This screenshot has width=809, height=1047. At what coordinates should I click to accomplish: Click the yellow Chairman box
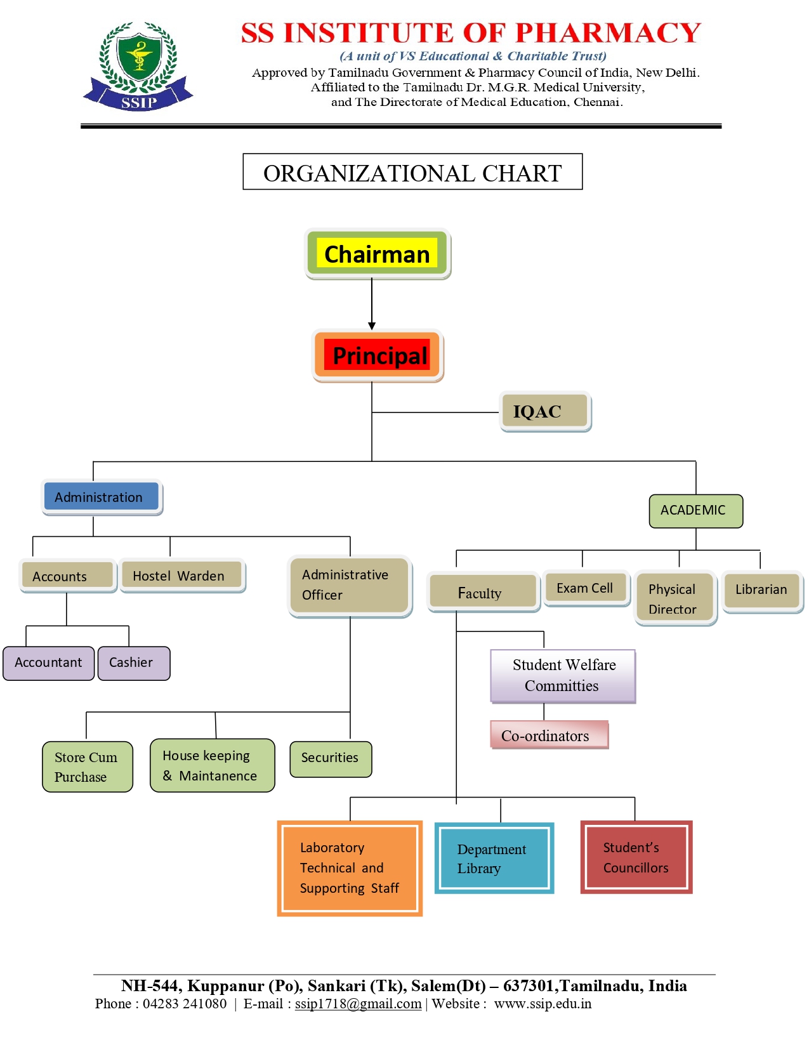coord(378,254)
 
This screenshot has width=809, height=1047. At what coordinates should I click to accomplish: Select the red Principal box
coord(379,355)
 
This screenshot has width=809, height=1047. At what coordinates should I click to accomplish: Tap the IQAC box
coord(545,412)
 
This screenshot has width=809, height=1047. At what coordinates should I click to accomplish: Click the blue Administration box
coord(102,497)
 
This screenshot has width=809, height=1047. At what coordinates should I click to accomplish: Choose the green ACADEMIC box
coord(695,511)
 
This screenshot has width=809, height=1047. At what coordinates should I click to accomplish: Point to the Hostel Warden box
coord(182,576)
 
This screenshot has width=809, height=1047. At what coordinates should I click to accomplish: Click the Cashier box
coord(134,663)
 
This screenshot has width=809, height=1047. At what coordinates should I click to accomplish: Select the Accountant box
coord(49,663)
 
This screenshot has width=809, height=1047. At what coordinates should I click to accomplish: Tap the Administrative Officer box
coord(350,585)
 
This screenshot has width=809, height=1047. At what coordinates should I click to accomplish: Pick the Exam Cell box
coord(586,588)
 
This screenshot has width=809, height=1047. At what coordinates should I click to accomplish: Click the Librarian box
coord(761,590)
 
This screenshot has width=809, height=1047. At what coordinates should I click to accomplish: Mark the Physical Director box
coord(675,598)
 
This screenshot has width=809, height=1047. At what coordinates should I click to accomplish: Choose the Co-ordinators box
coord(549,735)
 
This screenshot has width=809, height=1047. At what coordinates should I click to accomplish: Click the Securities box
coord(331,758)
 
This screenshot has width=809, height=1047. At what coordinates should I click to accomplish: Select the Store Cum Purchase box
coord(88,767)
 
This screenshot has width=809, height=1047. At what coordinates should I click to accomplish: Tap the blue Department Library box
coord(494,859)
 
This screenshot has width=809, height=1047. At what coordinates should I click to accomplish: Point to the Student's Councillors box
coord(636,857)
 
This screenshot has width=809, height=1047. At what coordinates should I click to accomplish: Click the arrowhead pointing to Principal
coord(372,326)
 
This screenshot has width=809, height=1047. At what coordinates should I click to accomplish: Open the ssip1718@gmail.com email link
coord(358,1004)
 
